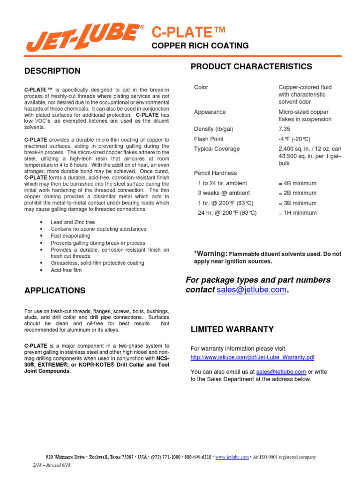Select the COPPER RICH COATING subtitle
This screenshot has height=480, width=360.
(x=199, y=45)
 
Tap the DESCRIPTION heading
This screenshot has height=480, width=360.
(x=52, y=71)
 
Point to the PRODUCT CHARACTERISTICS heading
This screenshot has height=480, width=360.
(x=251, y=67)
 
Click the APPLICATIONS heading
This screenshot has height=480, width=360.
(x=55, y=291)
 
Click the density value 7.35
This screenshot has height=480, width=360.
(x=285, y=129)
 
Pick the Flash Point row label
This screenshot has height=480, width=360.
(x=209, y=139)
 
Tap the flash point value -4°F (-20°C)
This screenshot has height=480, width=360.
(x=294, y=139)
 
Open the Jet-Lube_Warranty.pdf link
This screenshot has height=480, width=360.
(x=252, y=357)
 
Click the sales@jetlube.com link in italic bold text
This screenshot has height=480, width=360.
(x=251, y=290)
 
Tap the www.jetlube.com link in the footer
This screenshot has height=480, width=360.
(x=232, y=457)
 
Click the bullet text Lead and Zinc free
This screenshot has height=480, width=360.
(x=73, y=222)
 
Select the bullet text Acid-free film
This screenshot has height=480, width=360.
(x=66, y=270)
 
